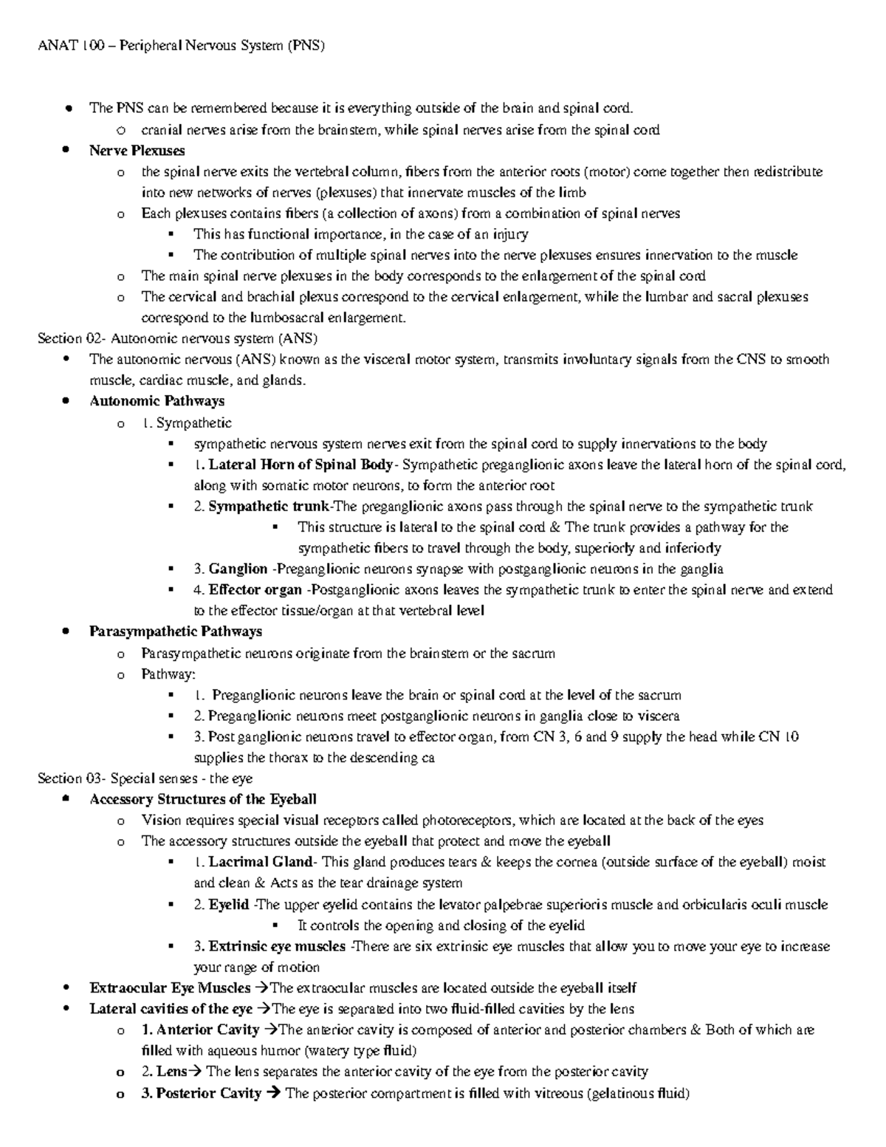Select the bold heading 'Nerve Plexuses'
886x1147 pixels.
coord(137,151)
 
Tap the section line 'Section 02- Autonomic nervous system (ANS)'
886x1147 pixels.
coord(177,338)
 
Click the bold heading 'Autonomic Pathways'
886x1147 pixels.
coord(157,401)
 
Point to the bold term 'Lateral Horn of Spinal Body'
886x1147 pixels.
coord(301,465)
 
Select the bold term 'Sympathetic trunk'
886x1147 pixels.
coord(269,507)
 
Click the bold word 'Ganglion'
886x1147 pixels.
coord(238,569)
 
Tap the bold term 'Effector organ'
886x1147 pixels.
coord(255,589)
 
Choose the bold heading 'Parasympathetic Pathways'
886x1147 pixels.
coord(175,631)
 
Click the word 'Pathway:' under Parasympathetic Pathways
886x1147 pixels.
coord(168,674)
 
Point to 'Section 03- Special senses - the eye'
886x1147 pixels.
coord(145,778)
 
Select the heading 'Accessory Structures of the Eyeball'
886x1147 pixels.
coord(202,799)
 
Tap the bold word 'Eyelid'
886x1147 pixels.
coord(228,905)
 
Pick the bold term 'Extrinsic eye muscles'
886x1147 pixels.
coord(277,946)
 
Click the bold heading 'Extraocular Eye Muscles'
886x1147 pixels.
coord(170,988)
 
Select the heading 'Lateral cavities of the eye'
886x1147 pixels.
coord(171,1009)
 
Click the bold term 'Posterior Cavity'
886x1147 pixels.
coord(208,1093)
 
